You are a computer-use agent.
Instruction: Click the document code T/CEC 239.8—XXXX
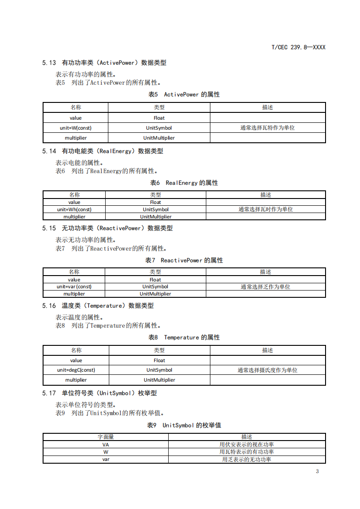[x=298, y=47]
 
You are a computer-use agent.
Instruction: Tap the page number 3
[x=317, y=471]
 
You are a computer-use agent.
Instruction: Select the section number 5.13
[x=49, y=63]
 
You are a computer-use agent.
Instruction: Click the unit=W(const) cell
[x=76, y=128]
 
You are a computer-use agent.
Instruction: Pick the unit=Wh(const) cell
[x=74, y=209]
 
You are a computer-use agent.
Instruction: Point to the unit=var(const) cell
[x=74, y=286]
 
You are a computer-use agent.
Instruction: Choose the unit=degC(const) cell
[x=76, y=370]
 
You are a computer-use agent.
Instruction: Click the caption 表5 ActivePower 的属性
[x=184, y=94]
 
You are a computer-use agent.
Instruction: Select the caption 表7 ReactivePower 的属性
[x=184, y=260]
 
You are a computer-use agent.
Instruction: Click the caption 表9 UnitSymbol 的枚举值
[x=184, y=425]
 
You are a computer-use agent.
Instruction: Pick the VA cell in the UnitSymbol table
[x=106, y=445]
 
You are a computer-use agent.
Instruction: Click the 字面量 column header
[x=106, y=437]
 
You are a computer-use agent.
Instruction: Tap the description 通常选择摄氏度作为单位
[x=268, y=370]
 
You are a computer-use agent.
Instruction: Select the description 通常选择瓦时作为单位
[x=266, y=209]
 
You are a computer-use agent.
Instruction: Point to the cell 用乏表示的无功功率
[x=247, y=459]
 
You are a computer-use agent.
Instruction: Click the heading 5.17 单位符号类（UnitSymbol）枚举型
[x=99, y=393]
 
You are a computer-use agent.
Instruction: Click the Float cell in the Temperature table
[x=159, y=360]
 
